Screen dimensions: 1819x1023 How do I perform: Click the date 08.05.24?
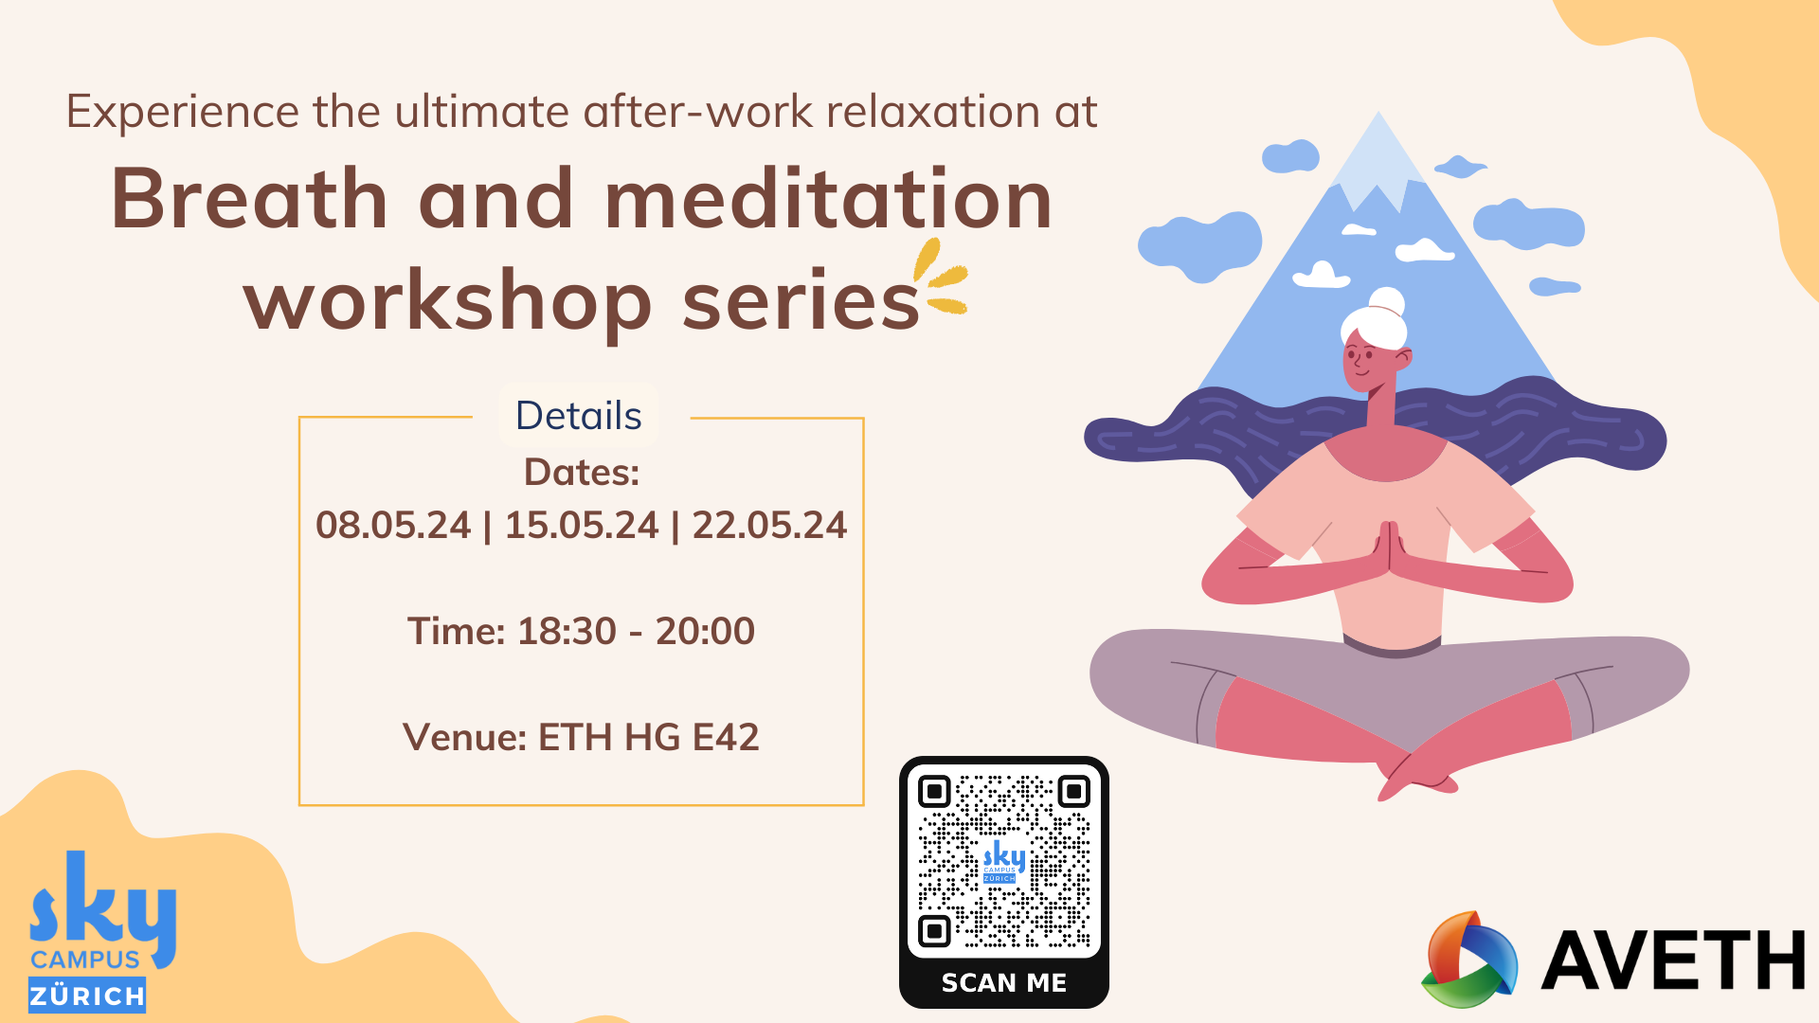pyautogui.click(x=393, y=526)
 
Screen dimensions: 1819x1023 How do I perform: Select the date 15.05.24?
pyautogui.click(x=581, y=526)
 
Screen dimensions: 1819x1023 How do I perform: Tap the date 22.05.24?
pyautogui.click(x=769, y=526)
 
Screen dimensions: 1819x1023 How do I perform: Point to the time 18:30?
pyautogui.click(x=567, y=631)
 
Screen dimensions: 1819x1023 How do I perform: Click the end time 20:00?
pyautogui.click(x=705, y=631)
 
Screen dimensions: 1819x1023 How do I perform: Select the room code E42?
pyautogui.click(x=726, y=737)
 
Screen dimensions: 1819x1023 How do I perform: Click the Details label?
pyautogui.click(x=579, y=416)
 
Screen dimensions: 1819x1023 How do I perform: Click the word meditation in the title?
pyautogui.click(x=829, y=199)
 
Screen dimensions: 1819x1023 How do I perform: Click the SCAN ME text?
pyautogui.click(x=1004, y=983)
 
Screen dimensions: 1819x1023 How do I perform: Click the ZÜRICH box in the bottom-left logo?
pyautogui.click(x=87, y=996)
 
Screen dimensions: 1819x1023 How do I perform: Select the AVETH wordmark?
pyautogui.click(x=1673, y=961)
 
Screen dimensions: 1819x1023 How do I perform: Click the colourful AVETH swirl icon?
pyautogui.click(x=1468, y=960)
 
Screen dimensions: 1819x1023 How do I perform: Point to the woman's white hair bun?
pyautogui.click(x=1387, y=301)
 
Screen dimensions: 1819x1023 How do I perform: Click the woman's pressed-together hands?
pyautogui.click(x=1389, y=547)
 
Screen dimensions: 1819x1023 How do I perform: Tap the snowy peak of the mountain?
pyautogui.click(x=1378, y=156)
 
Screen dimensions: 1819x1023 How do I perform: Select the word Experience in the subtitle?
pyautogui.click(x=183, y=113)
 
